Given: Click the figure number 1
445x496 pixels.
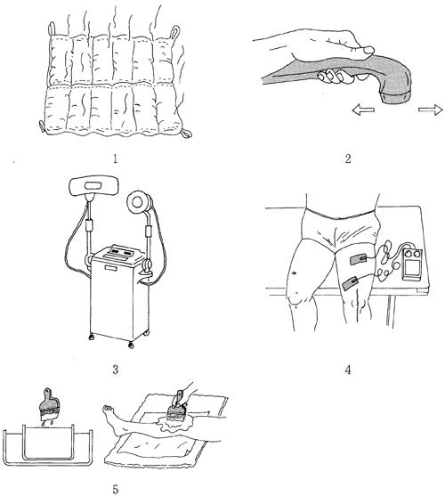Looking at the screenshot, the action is pyautogui.click(x=115, y=159).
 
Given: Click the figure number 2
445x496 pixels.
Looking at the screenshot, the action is pyautogui.click(x=348, y=159).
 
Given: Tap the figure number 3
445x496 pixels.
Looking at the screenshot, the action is pyautogui.click(x=116, y=370).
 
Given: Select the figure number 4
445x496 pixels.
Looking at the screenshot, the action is pyautogui.click(x=348, y=370).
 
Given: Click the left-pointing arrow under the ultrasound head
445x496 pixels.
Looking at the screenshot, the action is pyautogui.click(x=363, y=110).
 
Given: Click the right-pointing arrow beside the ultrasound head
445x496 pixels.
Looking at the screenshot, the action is pyautogui.click(x=431, y=110).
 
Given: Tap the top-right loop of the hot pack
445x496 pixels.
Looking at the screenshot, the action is pyautogui.click(x=174, y=33).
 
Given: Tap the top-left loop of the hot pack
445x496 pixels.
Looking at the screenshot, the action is pyautogui.click(x=52, y=29).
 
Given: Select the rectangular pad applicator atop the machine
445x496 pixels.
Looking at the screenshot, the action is pyautogui.click(x=94, y=184).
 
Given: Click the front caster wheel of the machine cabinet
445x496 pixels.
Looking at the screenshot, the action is pyautogui.click(x=131, y=346).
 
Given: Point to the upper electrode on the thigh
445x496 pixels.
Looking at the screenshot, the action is pyautogui.click(x=359, y=260).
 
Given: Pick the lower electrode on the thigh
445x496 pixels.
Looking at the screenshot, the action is pyautogui.click(x=351, y=283).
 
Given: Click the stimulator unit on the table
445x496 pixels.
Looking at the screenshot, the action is pyautogui.click(x=411, y=264).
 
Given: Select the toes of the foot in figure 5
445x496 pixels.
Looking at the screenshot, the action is pyautogui.click(x=109, y=409).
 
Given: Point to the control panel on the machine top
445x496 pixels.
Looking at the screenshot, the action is pyautogui.click(x=121, y=253).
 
